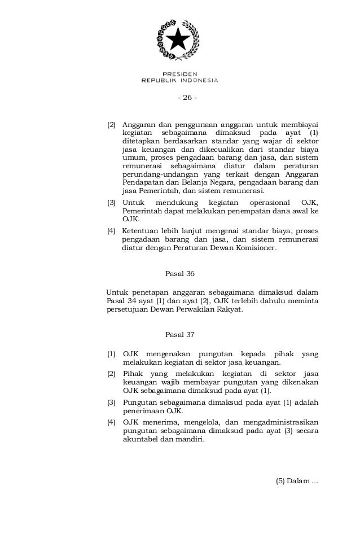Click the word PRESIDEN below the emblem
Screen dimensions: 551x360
[179, 74]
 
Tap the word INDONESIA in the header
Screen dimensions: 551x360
[197, 80]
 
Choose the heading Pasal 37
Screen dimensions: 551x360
[179, 335]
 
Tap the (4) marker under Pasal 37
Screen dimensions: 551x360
[112, 422]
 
